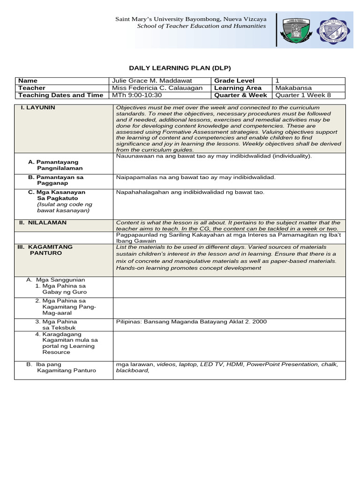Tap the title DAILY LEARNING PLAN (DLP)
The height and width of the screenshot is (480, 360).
point(180,68)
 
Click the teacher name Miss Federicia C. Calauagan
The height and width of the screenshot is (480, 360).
point(157,88)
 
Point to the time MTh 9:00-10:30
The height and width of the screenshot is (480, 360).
point(136,95)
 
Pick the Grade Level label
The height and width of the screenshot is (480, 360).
point(234,81)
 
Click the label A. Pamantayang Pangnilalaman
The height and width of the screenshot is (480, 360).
point(59,165)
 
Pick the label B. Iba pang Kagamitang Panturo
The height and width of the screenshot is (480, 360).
point(61,367)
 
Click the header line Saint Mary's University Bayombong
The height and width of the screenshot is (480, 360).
point(191,19)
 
